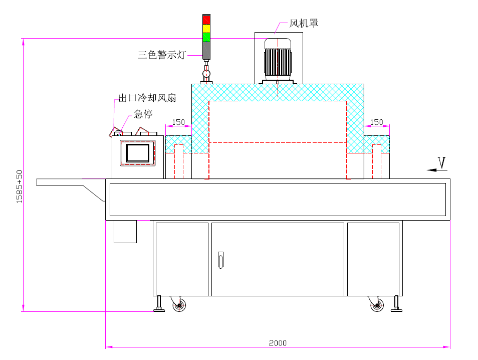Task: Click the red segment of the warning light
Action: [206, 19]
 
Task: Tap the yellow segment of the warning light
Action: [206, 28]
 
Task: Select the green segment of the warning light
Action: [206, 37]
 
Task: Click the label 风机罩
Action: [304, 24]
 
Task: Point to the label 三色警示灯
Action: [161, 55]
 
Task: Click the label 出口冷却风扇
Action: [147, 98]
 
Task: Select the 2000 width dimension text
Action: [278, 343]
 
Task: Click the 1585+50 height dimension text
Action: [20, 186]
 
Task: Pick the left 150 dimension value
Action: [178, 122]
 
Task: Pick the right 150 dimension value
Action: [376, 122]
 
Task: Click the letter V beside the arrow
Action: [441, 162]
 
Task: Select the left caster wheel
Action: [179, 305]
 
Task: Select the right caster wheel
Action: [377, 305]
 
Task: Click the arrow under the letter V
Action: [436, 170]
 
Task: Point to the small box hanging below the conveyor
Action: [125, 231]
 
